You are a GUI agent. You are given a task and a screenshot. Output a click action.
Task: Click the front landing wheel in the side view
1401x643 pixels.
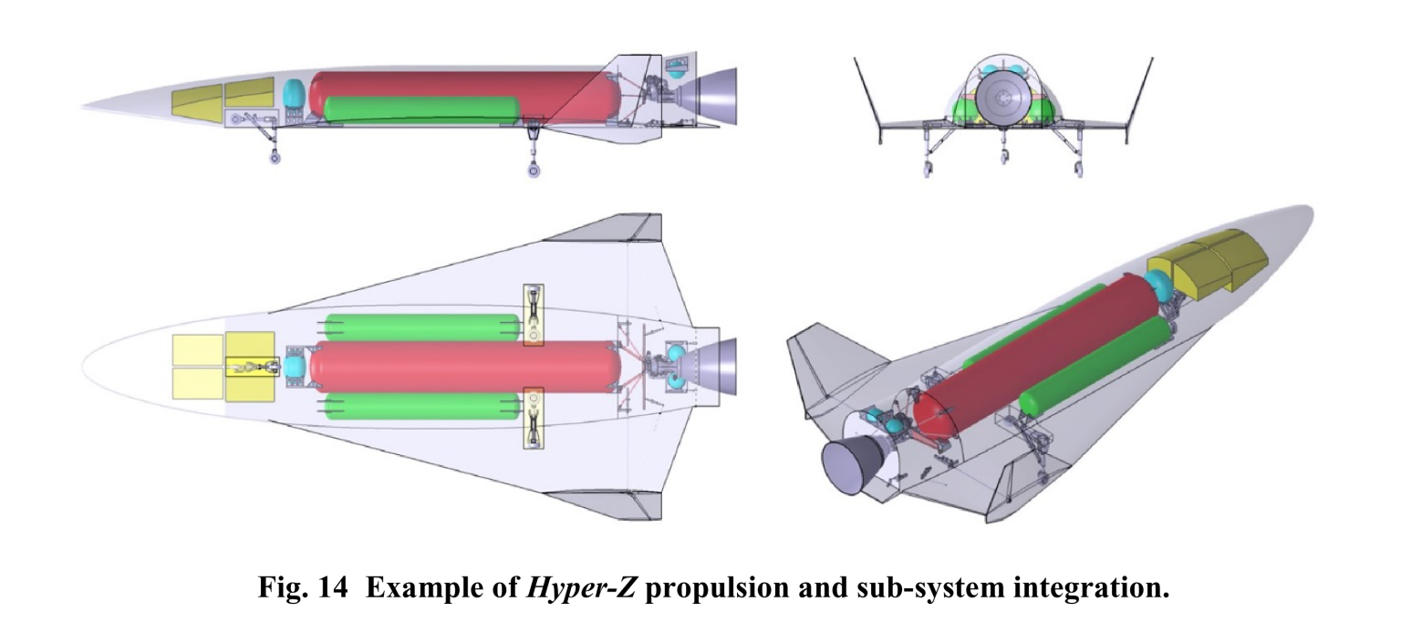[x=275, y=158]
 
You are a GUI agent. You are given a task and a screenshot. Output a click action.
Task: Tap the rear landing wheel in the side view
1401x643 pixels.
[x=534, y=171]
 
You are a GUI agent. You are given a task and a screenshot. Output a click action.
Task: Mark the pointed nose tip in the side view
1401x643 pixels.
[x=86, y=107]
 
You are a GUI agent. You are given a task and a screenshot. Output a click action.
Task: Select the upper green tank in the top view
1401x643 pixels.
[x=421, y=326]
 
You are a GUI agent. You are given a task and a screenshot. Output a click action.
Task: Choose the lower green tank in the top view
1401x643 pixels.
[x=421, y=405]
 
